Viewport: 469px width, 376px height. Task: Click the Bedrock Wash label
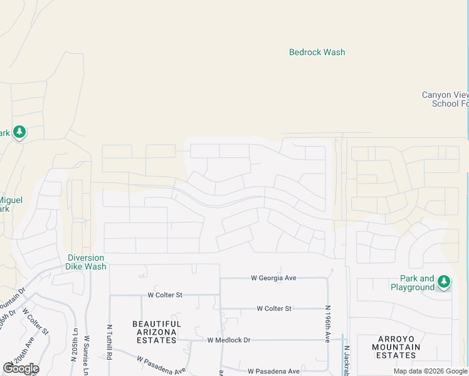[x=317, y=53]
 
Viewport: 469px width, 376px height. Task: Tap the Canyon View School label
[x=445, y=99]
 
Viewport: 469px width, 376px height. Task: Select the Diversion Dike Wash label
[x=86, y=262]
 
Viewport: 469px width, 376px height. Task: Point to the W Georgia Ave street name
[x=273, y=278]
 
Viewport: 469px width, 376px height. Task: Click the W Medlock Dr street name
[x=229, y=340]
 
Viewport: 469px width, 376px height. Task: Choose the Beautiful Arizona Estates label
[x=157, y=332]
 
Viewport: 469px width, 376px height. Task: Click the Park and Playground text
[x=413, y=283]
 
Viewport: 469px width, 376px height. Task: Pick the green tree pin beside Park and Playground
[x=444, y=281]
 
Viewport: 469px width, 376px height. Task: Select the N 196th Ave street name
[x=327, y=323]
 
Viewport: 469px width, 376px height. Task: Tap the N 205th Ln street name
[x=74, y=347]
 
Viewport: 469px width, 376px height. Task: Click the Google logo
[x=20, y=368]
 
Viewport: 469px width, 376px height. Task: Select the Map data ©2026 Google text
[x=430, y=371]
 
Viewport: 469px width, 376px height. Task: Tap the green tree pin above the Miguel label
[x=19, y=132]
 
